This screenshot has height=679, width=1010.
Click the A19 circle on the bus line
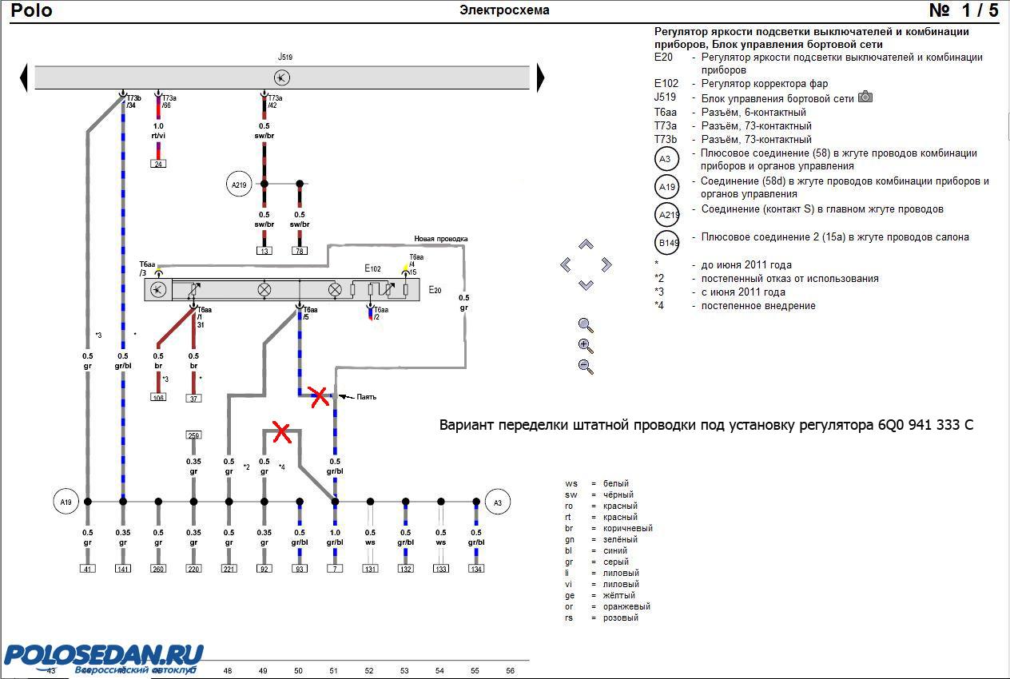(66, 502)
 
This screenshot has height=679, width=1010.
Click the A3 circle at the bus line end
(497, 502)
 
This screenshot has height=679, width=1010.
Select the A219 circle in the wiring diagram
(239, 185)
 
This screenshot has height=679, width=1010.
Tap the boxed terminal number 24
(158, 164)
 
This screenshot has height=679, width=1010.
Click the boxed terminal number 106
(158, 397)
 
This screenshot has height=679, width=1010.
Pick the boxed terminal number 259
(193, 435)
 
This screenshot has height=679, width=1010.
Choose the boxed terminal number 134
(476, 569)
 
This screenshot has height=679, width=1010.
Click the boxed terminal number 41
(88, 569)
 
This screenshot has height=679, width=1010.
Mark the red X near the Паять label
(320, 396)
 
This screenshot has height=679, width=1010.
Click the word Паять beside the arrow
(366, 396)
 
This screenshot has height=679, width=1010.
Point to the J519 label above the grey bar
(284, 58)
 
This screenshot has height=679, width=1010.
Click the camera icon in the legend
(865, 97)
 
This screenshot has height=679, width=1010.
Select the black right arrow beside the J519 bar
(541, 77)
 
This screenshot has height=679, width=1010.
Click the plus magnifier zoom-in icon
(586, 346)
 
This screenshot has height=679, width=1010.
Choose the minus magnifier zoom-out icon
(586, 367)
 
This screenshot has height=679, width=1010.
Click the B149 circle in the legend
(666, 242)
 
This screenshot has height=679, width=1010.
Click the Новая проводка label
(440, 239)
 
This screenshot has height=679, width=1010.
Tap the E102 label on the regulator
(372, 268)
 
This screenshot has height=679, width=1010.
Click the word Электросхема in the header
(504, 10)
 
